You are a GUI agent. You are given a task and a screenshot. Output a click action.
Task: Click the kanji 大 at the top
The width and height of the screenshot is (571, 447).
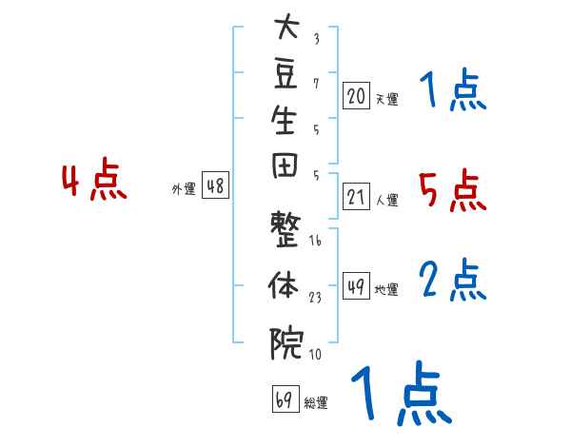pyautogui.click(x=286, y=26)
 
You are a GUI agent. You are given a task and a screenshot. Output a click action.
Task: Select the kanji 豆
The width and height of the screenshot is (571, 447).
pyautogui.click(x=285, y=74)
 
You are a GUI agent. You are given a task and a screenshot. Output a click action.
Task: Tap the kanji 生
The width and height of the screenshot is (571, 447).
pyautogui.click(x=284, y=120)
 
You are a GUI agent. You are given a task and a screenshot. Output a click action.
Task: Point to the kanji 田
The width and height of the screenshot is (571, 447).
pyautogui.click(x=285, y=166)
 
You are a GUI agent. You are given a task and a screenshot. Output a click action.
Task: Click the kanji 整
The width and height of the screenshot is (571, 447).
pyautogui.click(x=285, y=229)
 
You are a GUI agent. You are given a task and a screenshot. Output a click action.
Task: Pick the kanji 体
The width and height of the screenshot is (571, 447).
pyautogui.click(x=284, y=284)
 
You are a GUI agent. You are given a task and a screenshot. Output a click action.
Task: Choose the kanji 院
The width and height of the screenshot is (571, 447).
pyautogui.click(x=286, y=343)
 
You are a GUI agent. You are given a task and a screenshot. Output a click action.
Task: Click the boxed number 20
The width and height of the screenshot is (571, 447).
pyautogui.click(x=356, y=95)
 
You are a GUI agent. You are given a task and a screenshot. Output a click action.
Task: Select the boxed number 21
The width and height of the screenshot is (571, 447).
pyautogui.click(x=356, y=197)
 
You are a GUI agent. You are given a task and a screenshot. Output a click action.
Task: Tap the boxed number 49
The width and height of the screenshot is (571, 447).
pyautogui.click(x=356, y=285)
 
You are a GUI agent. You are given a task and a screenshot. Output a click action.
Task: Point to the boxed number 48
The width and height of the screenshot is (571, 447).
pyautogui.click(x=215, y=185)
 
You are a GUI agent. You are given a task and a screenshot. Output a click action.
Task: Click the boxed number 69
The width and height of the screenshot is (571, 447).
pyautogui.click(x=285, y=398)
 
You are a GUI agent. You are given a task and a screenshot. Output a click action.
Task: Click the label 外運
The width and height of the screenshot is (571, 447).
pyautogui.click(x=184, y=189)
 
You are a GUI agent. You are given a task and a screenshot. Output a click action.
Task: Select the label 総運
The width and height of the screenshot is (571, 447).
pyautogui.click(x=316, y=402)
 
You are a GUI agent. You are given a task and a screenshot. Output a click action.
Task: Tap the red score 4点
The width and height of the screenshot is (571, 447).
pyautogui.click(x=94, y=179)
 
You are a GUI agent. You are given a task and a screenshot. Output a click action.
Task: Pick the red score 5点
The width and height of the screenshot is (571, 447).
pyautogui.click(x=453, y=190)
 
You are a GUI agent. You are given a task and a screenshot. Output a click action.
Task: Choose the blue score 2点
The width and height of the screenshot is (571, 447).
pyautogui.click(x=453, y=280)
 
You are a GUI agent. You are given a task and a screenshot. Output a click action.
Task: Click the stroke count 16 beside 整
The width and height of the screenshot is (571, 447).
pyautogui.click(x=315, y=240)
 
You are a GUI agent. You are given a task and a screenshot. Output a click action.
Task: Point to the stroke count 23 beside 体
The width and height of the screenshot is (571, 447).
pyautogui.click(x=315, y=298)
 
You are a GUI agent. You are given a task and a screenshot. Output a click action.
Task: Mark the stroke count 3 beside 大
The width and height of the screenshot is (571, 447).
pyautogui.click(x=317, y=39)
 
